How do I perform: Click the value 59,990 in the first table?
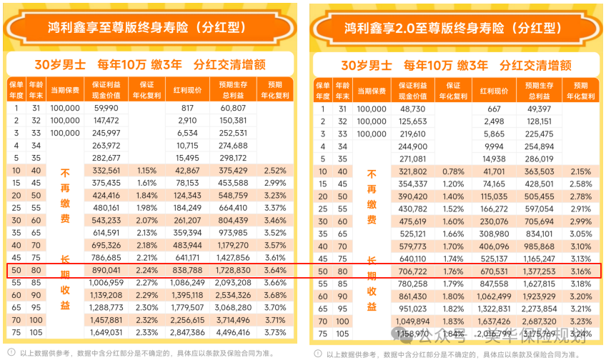pyautogui.click(x=106, y=108)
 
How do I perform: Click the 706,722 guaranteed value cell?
pyautogui.click(x=413, y=271)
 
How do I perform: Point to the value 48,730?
pyautogui.click(x=413, y=109)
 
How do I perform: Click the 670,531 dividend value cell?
pyautogui.click(x=494, y=271)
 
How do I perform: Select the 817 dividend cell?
pyautogui.click(x=187, y=108)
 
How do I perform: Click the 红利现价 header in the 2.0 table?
pyautogui.click(x=494, y=91)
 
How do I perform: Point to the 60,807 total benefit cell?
pyautogui.click(x=233, y=108)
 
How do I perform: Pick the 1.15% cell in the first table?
pyautogui.click(x=146, y=171)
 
